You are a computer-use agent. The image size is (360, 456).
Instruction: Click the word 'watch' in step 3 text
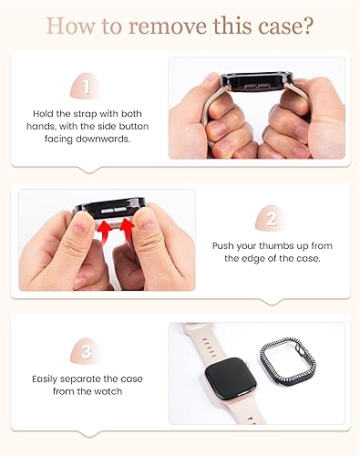point(107,390)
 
